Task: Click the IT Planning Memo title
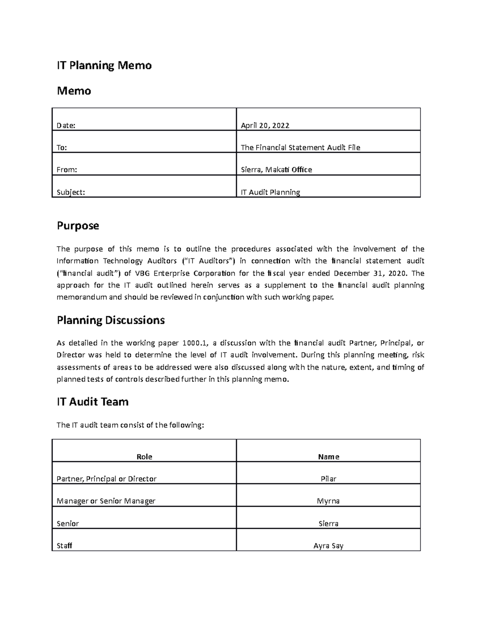tap(104, 65)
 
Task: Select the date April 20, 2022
tap(265, 126)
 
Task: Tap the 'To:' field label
tap(62, 148)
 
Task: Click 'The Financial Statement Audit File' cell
tap(300, 148)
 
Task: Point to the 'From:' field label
tap(67, 170)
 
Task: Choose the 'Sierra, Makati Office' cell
tap(276, 170)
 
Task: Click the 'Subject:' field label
tap(71, 192)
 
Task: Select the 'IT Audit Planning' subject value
tap(270, 192)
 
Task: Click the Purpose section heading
tap(78, 226)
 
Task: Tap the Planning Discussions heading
tap(110, 320)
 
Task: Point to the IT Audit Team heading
tap(92, 402)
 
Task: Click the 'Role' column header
tap(144, 457)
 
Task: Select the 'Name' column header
tap(329, 457)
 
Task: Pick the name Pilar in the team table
tap(329, 479)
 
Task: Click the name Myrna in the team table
tap(329, 501)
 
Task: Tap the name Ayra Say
tap(329, 546)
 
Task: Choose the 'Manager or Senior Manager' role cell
tap(106, 501)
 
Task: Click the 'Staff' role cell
tap(64, 546)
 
